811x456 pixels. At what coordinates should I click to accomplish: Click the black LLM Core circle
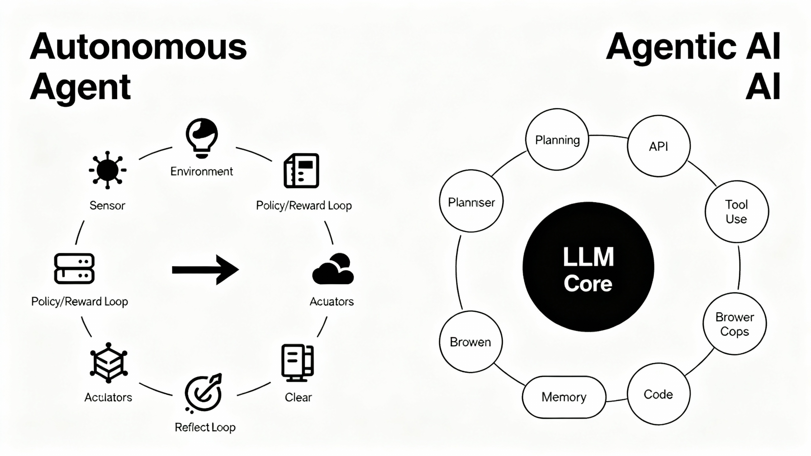588,267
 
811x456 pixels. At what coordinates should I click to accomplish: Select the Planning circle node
557,140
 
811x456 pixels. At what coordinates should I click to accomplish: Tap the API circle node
659,146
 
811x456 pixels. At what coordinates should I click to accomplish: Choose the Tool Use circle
737,212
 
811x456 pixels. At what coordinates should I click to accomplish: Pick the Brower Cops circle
734,324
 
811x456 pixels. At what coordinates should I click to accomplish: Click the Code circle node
658,394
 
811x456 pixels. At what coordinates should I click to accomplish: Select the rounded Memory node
564,397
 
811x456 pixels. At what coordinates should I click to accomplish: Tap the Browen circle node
471,342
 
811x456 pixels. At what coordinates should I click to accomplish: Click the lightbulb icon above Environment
202,138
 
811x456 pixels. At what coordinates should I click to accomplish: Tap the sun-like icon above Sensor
107,170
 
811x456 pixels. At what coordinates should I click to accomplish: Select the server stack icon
74,268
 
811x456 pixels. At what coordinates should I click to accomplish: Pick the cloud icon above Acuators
333,269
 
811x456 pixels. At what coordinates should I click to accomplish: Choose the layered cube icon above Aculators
109,363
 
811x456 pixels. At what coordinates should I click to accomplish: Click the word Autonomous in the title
138,47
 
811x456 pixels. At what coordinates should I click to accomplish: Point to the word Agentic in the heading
671,47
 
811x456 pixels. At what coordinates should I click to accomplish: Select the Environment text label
201,171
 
